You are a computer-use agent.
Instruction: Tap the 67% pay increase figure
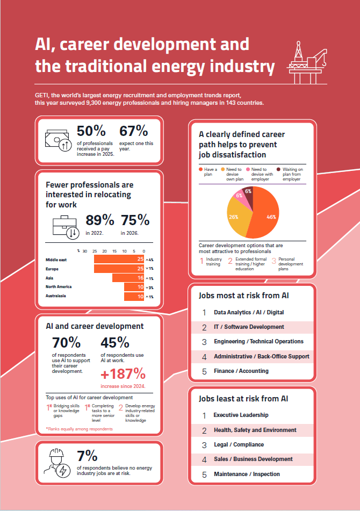[x=133, y=131]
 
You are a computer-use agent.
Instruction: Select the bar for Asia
[x=128, y=278]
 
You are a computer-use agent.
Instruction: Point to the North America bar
[x=134, y=287]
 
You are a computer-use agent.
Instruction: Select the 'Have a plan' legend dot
[x=201, y=170]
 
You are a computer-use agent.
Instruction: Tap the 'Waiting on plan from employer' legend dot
[x=272, y=170]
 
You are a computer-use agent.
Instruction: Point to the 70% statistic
[x=66, y=343]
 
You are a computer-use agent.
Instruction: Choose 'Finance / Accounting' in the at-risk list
[x=241, y=371]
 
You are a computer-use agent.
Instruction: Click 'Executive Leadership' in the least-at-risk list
[x=241, y=415]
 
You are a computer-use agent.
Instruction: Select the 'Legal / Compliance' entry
[x=239, y=445]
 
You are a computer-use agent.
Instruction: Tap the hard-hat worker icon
[x=57, y=462]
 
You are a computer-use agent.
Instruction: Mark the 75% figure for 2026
[x=135, y=220]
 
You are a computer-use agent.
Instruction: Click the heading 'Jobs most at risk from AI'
[x=243, y=296]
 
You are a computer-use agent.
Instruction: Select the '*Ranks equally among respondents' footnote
[x=80, y=429]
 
